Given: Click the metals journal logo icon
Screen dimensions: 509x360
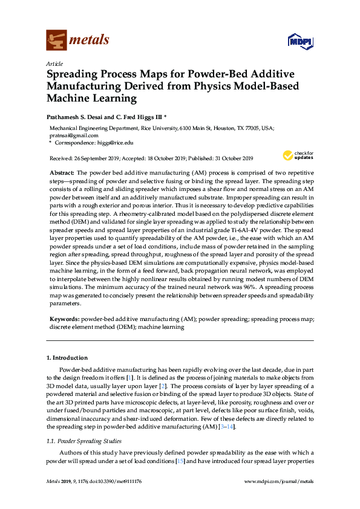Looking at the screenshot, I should point(56,40).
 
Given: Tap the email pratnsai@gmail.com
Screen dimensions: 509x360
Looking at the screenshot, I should point(73,136).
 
